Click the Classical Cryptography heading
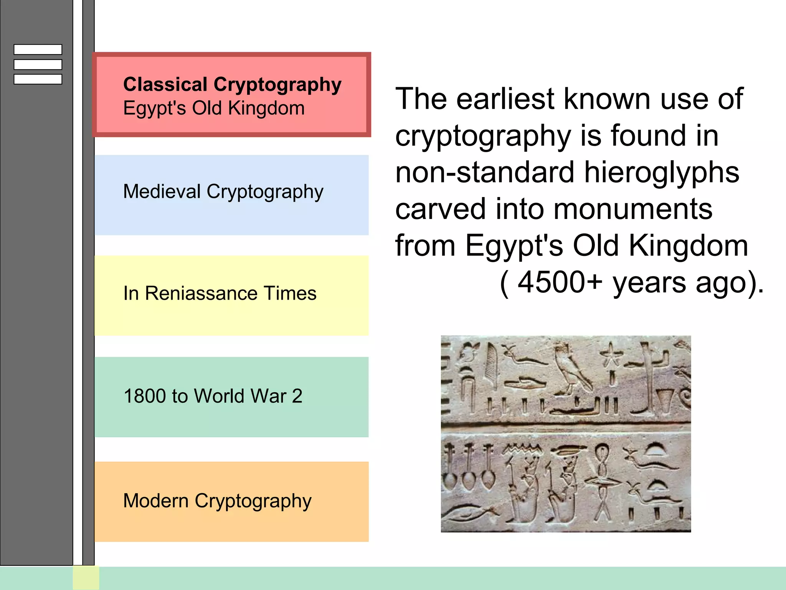[232, 85]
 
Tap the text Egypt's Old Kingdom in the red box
[214, 108]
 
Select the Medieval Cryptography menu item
[223, 192]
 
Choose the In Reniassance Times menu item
[220, 293]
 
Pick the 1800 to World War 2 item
[213, 396]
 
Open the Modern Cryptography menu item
[217, 501]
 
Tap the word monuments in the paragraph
[633, 209]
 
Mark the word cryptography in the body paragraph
[483, 136]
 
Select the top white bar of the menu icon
[38, 50]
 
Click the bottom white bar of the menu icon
[38, 79]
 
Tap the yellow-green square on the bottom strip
[86, 578]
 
